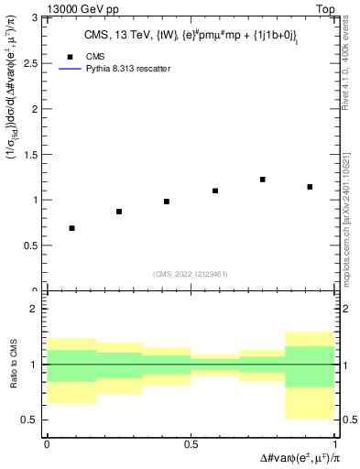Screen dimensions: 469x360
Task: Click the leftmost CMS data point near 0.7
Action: pos(71,228)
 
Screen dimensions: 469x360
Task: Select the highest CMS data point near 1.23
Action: pos(263,180)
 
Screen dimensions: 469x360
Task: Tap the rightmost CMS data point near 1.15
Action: pos(311,187)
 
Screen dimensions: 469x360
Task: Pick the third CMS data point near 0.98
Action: pos(167,202)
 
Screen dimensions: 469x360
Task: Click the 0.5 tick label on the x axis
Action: pos(191,444)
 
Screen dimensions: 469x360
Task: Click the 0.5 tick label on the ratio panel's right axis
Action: pos(347,420)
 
